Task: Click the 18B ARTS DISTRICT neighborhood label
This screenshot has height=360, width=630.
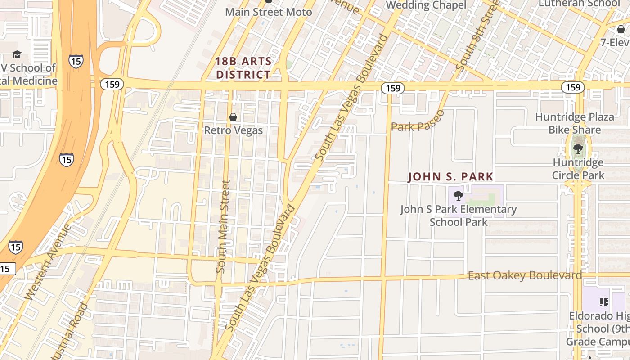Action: (x=243, y=68)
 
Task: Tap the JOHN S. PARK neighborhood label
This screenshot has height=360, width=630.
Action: (x=450, y=177)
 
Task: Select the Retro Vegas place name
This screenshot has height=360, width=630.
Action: (x=233, y=130)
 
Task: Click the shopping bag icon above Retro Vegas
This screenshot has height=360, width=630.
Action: (x=233, y=117)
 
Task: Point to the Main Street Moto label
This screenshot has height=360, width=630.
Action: (x=268, y=12)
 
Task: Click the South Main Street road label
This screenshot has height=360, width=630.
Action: (x=223, y=226)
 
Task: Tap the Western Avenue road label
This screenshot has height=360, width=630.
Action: (x=47, y=262)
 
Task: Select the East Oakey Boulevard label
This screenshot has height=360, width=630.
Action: (x=525, y=275)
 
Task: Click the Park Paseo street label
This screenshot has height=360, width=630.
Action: (x=418, y=121)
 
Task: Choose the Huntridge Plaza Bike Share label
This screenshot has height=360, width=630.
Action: (x=575, y=123)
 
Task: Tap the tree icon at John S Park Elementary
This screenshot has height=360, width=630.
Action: (x=459, y=196)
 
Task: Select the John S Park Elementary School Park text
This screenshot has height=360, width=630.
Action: (x=459, y=216)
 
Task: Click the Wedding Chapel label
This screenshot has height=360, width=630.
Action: (x=426, y=5)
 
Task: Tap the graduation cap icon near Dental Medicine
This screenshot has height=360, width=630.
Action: (x=17, y=55)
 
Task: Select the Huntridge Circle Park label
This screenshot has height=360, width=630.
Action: (x=578, y=169)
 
